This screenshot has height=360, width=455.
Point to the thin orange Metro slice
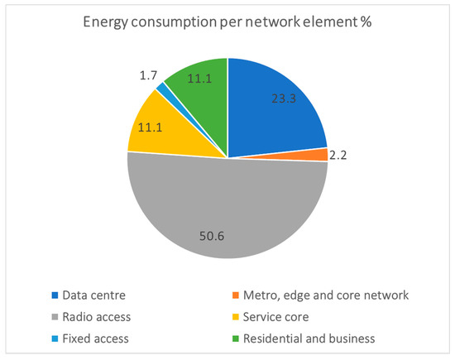pyautogui.click(x=318, y=155)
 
